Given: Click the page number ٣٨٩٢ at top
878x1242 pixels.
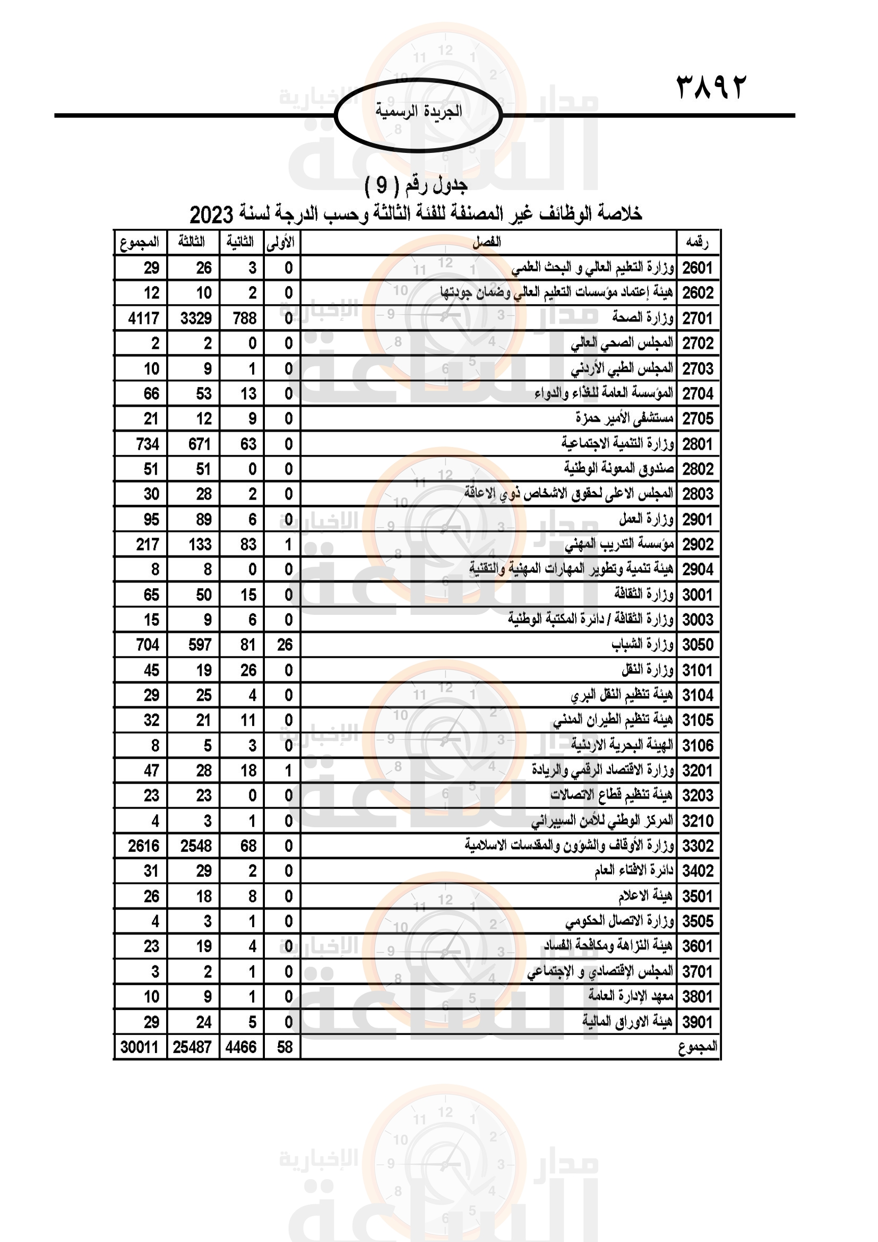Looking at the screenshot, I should [x=710, y=87].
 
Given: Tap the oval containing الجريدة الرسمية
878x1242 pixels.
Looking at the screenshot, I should [x=418, y=115].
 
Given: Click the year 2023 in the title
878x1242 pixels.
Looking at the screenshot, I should [x=211, y=215].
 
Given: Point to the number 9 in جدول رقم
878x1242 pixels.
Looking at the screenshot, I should [x=382, y=185].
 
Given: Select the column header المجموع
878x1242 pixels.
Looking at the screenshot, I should [x=140, y=242].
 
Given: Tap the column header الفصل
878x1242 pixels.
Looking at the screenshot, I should [x=487, y=242].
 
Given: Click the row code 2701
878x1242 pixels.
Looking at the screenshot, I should [x=698, y=318].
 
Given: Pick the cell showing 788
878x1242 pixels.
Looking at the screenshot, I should [x=244, y=318].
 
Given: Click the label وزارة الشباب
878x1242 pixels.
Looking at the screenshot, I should [x=642, y=644].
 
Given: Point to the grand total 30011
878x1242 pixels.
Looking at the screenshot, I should [x=140, y=1047].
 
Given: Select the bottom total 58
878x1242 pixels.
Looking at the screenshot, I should [x=285, y=1047].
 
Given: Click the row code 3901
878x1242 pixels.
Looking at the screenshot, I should [x=698, y=1022].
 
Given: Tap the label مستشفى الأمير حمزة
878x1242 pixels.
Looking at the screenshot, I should [x=624, y=418].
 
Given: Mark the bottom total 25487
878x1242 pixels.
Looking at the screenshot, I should [x=192, y=1047].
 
